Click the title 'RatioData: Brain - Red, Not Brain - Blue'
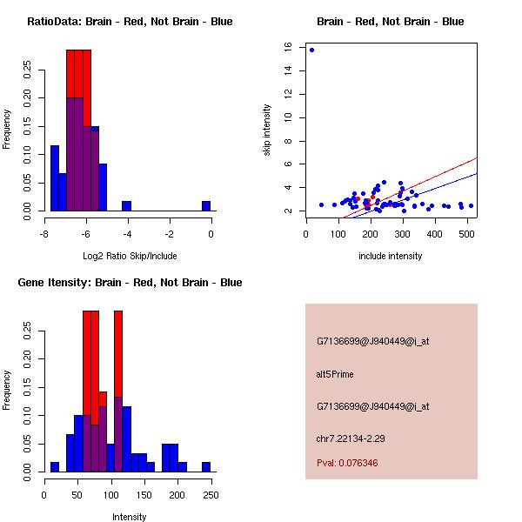tap(130, 22)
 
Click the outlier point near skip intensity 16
tap(311, 50)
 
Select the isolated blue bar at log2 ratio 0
tap(206, 206)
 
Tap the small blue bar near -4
tap(126, 206)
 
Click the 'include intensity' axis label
tap(391, 256)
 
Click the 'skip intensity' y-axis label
tap(268, 130)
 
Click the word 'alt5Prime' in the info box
tap(335, 373)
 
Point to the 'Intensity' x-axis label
tap(130, 517)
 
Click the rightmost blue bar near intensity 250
tap(206, 467)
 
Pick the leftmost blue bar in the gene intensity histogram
tap(54, 467)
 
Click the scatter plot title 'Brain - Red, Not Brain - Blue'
tap(391, 22)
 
